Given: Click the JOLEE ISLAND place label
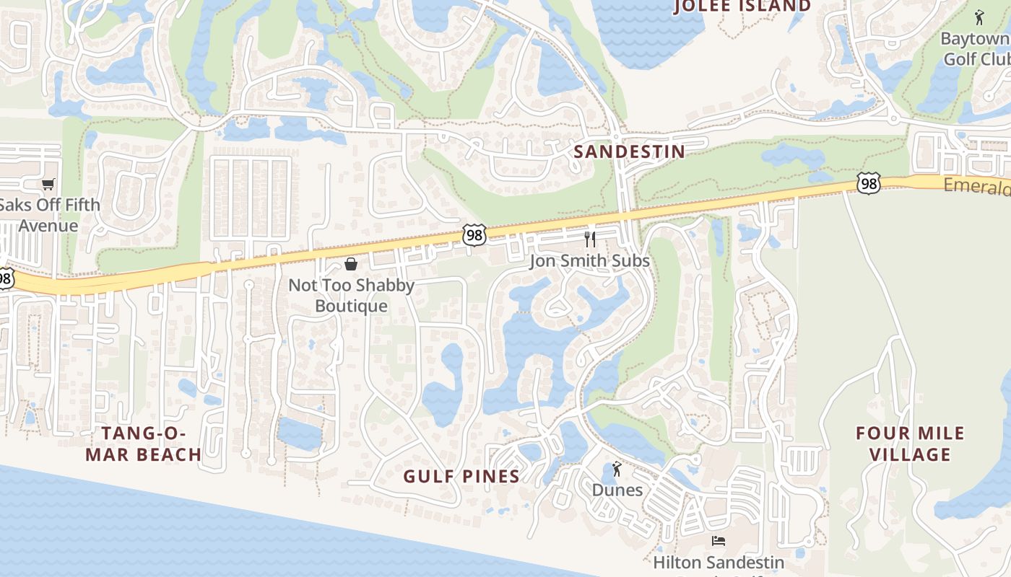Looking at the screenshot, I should (742, 6).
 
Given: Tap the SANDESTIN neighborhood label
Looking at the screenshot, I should (628, 151).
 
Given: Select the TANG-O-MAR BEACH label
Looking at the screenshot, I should (144, 444).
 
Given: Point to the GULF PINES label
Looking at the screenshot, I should (461, 476).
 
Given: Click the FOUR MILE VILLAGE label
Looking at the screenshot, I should (910, 444).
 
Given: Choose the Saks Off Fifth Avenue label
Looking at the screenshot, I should (49, 215).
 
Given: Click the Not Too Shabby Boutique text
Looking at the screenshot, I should (352, 295).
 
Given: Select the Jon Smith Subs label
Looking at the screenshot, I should (590, 261).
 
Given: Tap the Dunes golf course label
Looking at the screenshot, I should (617, 490).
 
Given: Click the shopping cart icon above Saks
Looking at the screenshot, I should (48, 185).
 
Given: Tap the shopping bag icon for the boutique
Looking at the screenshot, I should (351, 264).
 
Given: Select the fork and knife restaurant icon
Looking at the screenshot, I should (590, 239).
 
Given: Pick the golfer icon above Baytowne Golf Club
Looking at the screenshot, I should (979, 17).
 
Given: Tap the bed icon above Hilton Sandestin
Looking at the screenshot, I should (719, 541).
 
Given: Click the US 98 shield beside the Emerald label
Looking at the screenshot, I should (869, 183).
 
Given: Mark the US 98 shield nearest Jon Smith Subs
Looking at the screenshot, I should (474, 234).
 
